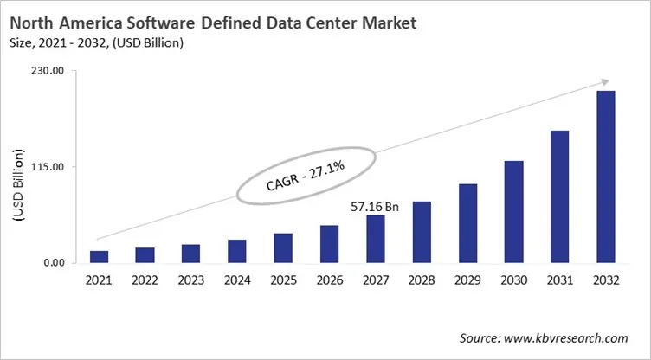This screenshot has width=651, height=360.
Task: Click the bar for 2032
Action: tap(605, 177)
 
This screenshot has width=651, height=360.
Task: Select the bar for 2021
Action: tap(100, 257)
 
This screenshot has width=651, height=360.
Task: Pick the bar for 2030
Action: tap(513, 212)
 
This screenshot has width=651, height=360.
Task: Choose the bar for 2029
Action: tap(467, 223)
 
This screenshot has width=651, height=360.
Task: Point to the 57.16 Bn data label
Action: tap(375, 207)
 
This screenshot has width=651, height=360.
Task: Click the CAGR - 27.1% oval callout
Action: tap(307, 176)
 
